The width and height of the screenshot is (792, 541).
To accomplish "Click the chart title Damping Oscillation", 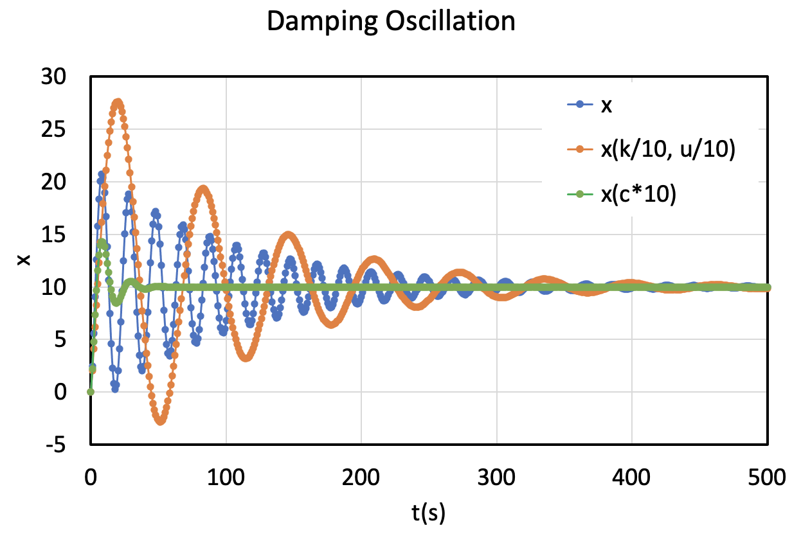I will [x=391, y=22].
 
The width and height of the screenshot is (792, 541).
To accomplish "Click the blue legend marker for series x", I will [x=580, y=105].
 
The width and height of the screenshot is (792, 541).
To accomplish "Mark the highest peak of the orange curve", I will [x=118, y=102].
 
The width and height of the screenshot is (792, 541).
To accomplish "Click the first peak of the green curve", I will [x=101, y=242].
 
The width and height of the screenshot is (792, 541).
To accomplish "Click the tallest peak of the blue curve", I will [x=102, y=173].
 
